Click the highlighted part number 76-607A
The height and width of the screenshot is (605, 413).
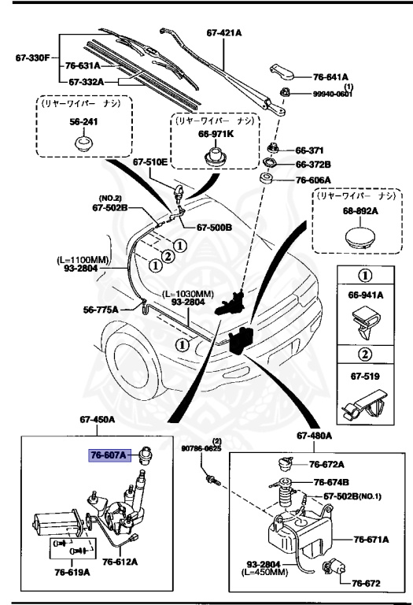(109, 455)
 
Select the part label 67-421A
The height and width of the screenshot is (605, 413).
(224, 33)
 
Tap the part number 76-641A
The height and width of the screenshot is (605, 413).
(330, 77)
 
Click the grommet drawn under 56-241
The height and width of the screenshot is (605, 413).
(83, 143)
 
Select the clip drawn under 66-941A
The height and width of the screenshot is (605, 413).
(365, 322)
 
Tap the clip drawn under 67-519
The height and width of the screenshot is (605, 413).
(364, 404)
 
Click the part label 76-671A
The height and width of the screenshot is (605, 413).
(371, 540)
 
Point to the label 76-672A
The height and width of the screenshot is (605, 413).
(326, 464)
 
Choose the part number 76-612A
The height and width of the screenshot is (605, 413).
(120, 562)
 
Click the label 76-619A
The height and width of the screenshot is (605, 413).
(72, 572)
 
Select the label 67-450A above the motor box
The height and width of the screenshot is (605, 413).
(98, 419)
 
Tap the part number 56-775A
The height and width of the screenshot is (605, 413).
(101, 310)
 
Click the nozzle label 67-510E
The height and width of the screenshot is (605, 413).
(150, 162)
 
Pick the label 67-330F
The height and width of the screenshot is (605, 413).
(33, 58)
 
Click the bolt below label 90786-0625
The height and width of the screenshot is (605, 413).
(212, 481)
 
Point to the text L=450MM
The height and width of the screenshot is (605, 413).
(264, 572)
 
